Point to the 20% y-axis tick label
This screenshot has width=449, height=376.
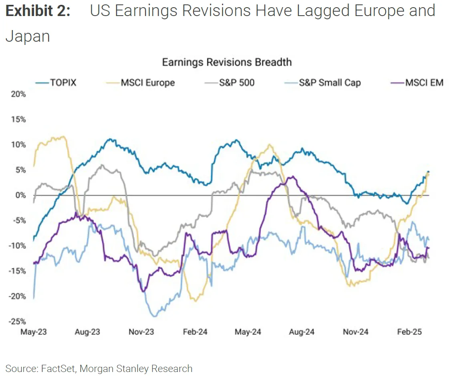pos(18,94)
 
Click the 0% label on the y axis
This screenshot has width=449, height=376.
pos(21,195)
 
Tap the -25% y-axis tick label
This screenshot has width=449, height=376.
pos(18,321)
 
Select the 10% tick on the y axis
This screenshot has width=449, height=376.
pos(18,145)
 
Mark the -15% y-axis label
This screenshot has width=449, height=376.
pos(18,271)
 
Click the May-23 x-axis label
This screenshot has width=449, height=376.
pos(34,332)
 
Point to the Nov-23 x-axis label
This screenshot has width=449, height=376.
pos(141,332)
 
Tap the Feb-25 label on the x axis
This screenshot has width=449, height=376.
pos(409,332)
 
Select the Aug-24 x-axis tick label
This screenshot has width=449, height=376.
pos(302,332)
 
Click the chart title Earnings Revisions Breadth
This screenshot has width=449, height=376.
pos(227,62)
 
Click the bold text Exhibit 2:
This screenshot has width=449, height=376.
pos(38,11)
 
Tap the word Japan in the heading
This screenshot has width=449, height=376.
pos(27,36)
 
